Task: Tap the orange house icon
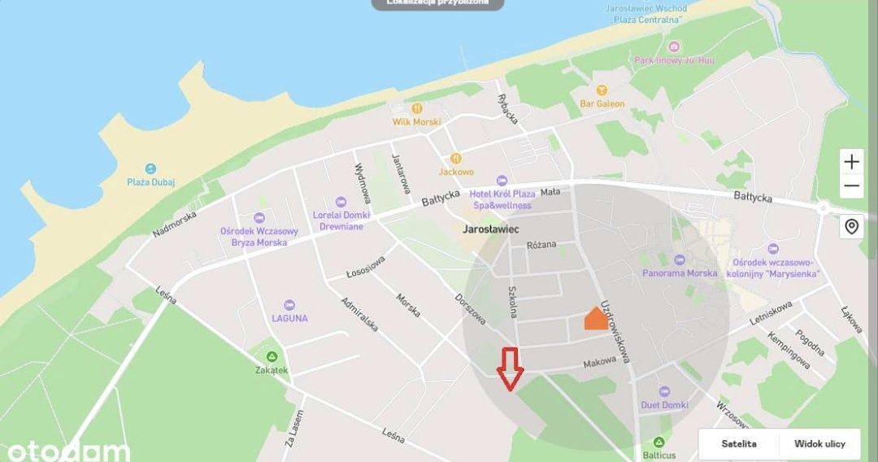click(x=596, y=319)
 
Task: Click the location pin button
click(x=851, y=226)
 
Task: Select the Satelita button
click(x=739, y=444)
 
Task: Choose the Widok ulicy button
click(x=819, y=444)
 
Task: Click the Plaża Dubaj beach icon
click(x=151, y=168)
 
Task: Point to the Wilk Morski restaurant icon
click(x=417, y=108)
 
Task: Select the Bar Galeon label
click(x=602, y=103)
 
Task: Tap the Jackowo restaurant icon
click(x=456, y=158)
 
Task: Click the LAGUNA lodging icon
click(x=289, y=304)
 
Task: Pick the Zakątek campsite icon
click(x=272, y=356)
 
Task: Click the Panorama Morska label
click(x=680, y=273)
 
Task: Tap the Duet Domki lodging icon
click(x=664, y=391)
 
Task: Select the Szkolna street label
click(x=513, y=302)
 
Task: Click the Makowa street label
click(x=599, y=363)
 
